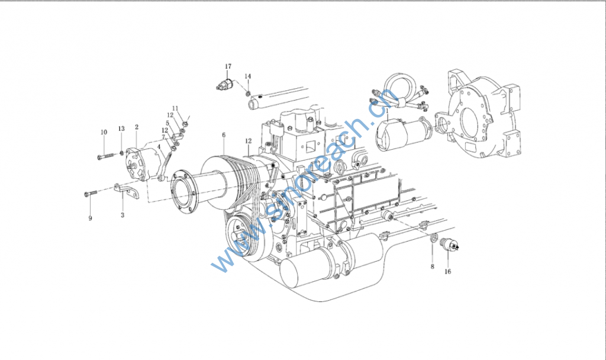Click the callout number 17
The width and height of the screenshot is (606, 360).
pos(228,66)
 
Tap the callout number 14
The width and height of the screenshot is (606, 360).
pos(248,76)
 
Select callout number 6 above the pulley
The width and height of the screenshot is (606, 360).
pos(223,135)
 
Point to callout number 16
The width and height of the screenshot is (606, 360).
pos(447,271)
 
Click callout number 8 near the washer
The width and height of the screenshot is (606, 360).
pos(433,266)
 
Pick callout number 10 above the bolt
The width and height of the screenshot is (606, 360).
pos(104,132)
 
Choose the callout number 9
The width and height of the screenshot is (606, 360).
pos(90,218)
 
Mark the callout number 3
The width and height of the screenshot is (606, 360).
pos(123,215)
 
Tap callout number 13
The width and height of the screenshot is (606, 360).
pos(121,128)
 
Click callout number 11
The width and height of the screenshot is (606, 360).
pos(175,108)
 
